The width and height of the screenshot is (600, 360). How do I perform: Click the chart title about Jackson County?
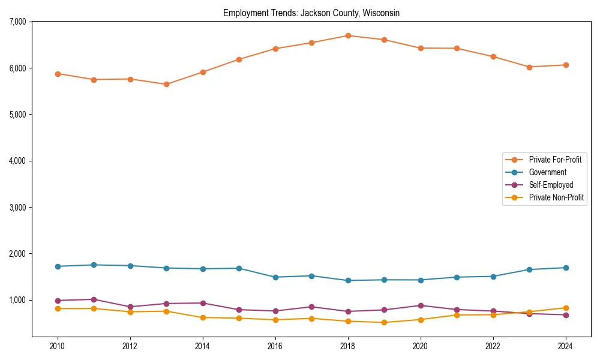coord(311,13)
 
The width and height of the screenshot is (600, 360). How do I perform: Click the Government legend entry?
coord(547,172)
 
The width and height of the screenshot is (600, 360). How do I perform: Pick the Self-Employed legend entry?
coord(551,185)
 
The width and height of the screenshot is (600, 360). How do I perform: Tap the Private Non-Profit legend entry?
coord(556,197)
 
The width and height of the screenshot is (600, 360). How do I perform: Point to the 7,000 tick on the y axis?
coord(17,22)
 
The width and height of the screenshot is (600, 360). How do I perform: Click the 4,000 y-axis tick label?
coord(17,161)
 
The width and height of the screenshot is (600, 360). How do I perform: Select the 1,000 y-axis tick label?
coord(17,300)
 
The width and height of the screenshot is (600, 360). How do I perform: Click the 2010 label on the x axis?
coord(58,346)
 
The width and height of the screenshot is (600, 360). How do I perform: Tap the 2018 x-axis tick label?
coord(348,346)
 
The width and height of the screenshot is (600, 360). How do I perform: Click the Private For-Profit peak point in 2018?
coord(348,35)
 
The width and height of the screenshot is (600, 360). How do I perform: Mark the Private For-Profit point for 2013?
coord(166,84)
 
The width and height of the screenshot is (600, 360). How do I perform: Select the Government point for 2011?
coord(94,265)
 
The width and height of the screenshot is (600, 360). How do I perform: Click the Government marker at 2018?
coord(348,280)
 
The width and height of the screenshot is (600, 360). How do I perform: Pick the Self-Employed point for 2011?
coord(94,299)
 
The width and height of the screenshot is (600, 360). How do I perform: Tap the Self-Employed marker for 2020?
coord(421,305)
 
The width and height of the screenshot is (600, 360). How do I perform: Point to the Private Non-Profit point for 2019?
coord(384,322)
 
